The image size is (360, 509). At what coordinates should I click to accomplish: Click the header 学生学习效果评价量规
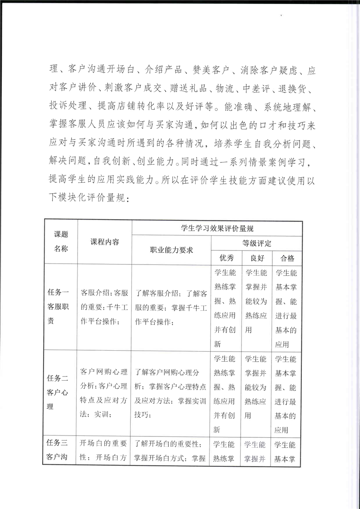coord(217,228)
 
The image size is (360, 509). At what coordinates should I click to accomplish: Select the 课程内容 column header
coord(104,242)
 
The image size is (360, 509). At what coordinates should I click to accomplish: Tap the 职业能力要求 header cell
coord(171,250)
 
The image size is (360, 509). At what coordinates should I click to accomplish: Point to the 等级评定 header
coord(256,243)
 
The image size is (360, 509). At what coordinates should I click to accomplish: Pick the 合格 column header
coord(287,258)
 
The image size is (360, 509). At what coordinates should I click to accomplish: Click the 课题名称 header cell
coord(61,242)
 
